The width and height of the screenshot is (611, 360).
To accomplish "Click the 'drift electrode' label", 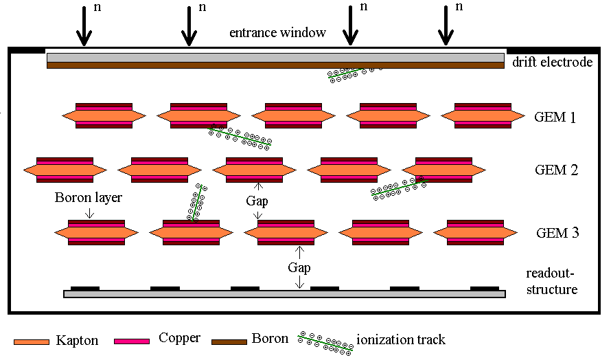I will (x=552, y=62).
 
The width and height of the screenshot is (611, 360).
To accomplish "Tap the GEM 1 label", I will (x=555, y=117).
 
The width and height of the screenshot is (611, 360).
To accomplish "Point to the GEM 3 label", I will (x=556, y=233).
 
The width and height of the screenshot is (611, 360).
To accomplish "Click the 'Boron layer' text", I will (x=89, y=198).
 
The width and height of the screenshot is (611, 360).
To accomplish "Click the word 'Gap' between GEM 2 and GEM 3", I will (x=257, y=201).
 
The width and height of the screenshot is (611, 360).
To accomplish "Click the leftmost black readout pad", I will (x=85, y=288).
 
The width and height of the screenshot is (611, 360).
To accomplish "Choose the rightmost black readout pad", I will (x=485, y=288).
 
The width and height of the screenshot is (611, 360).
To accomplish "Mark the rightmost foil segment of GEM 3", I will (x=474, y=232).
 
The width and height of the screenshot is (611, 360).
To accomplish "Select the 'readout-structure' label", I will (x=551, y=281).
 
